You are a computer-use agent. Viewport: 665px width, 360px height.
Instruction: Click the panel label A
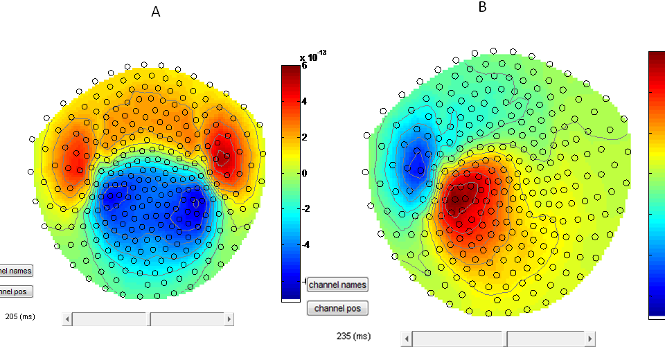pos(156,12)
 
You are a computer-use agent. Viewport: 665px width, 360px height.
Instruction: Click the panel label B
pos(482,7)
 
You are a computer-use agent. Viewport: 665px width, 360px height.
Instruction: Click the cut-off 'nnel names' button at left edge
pos(15,271)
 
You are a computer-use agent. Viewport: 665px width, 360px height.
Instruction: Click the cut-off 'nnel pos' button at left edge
pos(15,291)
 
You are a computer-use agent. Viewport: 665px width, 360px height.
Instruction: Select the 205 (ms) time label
pos(19,316)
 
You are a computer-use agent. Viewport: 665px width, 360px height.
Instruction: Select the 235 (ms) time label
pos(353,336)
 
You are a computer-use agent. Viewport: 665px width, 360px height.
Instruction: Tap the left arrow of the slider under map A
pos(67,319)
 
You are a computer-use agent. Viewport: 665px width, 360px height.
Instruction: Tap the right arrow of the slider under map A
pos(229,319)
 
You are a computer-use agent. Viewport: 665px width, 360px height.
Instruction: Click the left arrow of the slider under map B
pos(406,339)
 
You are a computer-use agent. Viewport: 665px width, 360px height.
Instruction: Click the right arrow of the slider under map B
pos(589,339)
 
